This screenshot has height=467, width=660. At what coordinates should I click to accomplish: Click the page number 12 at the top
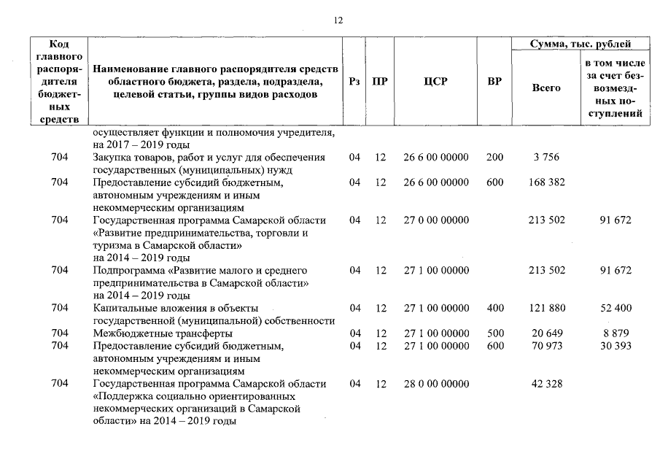pos(338,20)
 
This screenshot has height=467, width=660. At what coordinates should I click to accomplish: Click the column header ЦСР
pos(435,82)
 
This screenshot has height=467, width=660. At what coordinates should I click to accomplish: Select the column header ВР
pos(494,82)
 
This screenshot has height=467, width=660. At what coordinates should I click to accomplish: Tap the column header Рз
pos(354,82)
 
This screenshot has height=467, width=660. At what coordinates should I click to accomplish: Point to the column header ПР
pos(380,82)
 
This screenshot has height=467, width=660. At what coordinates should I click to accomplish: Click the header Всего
pos(546,88)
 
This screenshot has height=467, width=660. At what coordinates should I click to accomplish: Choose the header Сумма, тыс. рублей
pos(580,45)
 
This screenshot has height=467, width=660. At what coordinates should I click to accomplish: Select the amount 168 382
pos(546,182)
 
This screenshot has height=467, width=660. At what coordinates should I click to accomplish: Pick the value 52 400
pos(616,309)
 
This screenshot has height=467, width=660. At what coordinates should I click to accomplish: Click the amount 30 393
pos(616,346)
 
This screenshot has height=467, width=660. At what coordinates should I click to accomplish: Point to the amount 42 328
pos(546,384)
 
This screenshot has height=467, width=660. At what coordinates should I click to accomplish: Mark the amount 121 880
pos(546,309)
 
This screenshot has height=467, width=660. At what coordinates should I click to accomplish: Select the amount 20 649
pos(546,333)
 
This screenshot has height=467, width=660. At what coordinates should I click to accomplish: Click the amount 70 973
pos(546,346)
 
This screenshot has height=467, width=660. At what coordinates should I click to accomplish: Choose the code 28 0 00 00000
pos(435,384)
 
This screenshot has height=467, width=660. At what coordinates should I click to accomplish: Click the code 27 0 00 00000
pos(435,220)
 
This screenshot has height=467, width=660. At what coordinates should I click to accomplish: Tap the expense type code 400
pos(494,309)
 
